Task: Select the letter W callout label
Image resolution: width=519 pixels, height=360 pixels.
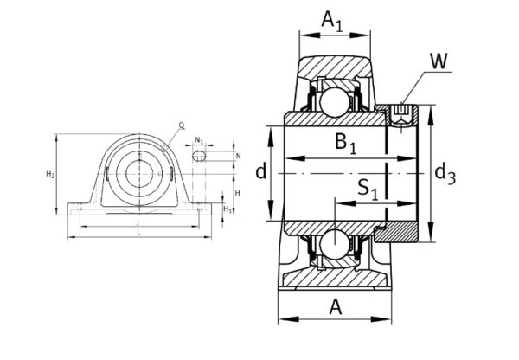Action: coord(438,61)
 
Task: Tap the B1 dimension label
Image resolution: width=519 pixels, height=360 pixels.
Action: coord(347,145)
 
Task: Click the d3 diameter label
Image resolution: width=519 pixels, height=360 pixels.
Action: coord(445,174)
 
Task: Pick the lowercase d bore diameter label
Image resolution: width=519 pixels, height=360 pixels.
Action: coord(259,172)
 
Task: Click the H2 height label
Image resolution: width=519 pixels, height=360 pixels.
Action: coord(49,175)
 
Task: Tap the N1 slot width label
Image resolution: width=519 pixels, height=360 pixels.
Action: coord(200,139)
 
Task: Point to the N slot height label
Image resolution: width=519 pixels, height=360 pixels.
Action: coord(237,156)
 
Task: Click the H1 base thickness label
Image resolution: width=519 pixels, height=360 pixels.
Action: coord(227,209)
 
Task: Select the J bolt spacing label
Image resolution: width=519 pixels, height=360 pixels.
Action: coord(138,223)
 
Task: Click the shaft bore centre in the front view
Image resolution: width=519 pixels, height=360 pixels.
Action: coord(138,171)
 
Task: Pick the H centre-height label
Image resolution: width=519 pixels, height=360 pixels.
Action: coord(237,192)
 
